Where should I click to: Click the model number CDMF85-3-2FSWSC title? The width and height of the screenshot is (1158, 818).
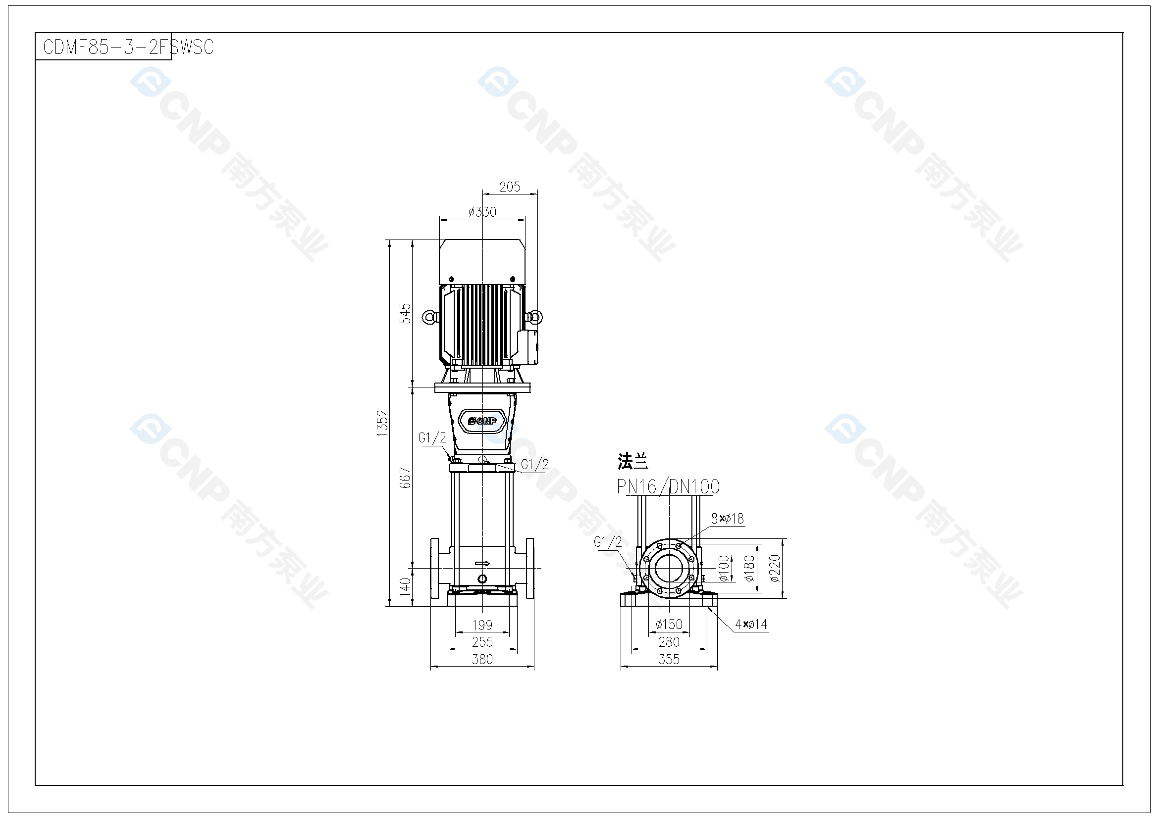pos(129,47)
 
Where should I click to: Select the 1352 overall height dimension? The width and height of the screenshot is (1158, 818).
pos(383,423)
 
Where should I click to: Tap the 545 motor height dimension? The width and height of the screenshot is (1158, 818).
pos(406,313)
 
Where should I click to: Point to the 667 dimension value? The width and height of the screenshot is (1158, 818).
pos(406,478)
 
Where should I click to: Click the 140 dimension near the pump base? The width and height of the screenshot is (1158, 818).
pos(406,587)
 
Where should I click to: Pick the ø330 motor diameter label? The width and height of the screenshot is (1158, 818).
pos(482,212)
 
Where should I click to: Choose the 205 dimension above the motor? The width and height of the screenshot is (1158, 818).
pos(510,187)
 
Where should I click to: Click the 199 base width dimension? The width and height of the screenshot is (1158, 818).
pos(482,625)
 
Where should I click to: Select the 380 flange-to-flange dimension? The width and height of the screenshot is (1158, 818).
pos(482,659)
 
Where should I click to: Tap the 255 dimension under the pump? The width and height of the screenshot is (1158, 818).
pos(482,642)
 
